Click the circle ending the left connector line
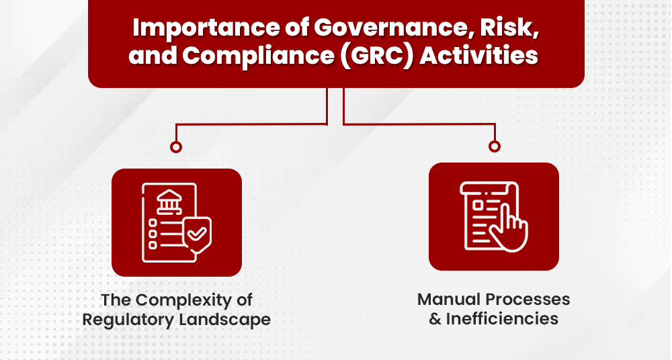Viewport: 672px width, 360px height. (x=176, y=146)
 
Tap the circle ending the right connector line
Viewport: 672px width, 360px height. (x=495, y=146)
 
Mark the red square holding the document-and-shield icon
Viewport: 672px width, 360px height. (x=176, y=222)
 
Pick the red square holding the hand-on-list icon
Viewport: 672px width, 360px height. (x=494, y=216)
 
